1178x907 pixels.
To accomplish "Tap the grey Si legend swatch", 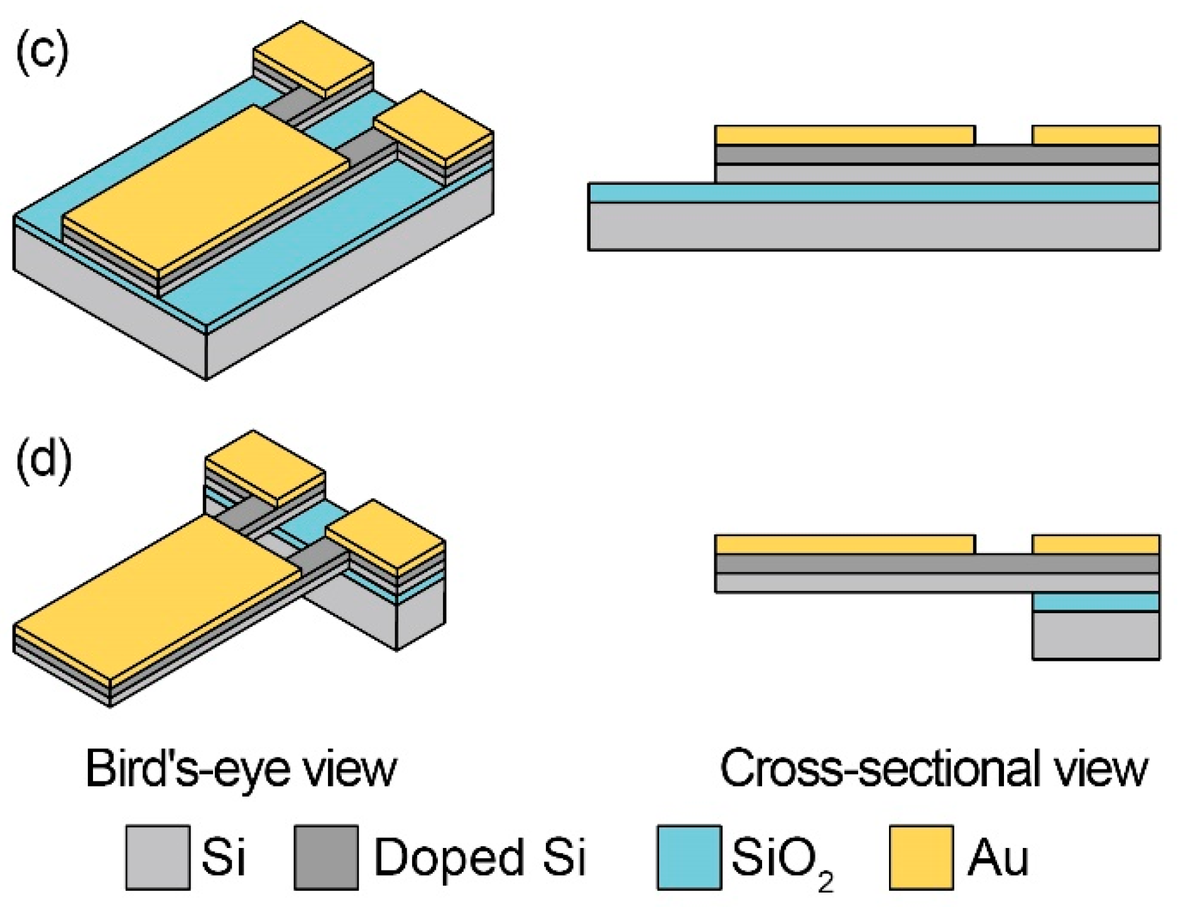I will point(158,857).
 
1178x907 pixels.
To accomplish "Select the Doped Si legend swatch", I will point(326,857).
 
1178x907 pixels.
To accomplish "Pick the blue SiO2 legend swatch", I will point(689,857).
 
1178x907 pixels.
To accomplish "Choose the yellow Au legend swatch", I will point(921,857).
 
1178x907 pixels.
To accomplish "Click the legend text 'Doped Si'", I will point(480,857).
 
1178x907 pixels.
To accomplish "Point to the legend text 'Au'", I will point(998,857).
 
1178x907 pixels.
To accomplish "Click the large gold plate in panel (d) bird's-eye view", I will point(157,600).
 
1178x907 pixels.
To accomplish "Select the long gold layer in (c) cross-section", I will point(844,135).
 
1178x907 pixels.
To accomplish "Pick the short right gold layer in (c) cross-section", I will point(1096,135).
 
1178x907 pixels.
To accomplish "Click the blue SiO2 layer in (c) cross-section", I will point(873,193).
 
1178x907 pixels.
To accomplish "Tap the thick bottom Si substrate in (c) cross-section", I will point(873,226).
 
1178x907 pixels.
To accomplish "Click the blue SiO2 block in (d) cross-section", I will point(1096,602).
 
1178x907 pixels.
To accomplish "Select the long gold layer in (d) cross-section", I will point(844,544).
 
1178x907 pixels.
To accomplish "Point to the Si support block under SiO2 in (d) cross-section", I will point(1096,635).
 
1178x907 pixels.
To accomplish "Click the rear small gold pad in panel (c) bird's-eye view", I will point(313,59).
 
